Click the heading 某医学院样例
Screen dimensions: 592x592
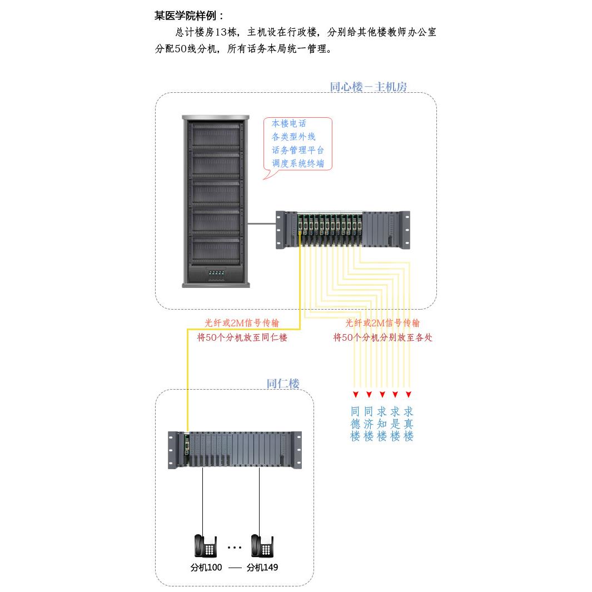pyautogui.click(x=189, y=16)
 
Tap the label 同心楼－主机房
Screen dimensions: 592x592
pyautogui.click(x=368, y=87)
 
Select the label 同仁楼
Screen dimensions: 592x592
pyautogui.click(x=283, y=384)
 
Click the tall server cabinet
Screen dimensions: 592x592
pyautogui.click(x=216, y=200)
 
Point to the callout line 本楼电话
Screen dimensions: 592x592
pyautogui.click(x=288, y=123)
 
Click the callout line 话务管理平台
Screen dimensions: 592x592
pyautogui.click(x=298, y=150)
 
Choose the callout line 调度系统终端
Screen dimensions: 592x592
pyautogui.click(x=298, y=164)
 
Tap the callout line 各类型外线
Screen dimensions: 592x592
pyautogui.click(x=293, y=137)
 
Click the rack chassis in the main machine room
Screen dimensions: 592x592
pyautogui.click(x=343, y=230)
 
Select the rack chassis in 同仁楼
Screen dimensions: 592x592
pyautogui.click(x=235, y=450)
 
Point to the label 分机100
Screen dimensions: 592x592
pyautogui.click(x=206, y=568)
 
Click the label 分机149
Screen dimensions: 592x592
pyautogui.click(x=262, y=568)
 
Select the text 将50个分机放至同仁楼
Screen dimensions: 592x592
pyautogui.click(x=242, y=337)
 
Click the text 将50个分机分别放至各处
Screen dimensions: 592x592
pyautogui.click(x=382, y=337)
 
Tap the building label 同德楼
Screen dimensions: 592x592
pyautogui.click(x=355, y=424)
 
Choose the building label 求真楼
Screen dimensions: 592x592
pyautogui.click(x=409, y=424)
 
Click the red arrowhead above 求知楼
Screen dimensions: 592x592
pyautogui.click(x=382, y=395)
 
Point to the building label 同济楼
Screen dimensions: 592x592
pyautogui.click(x=369, y=424)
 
